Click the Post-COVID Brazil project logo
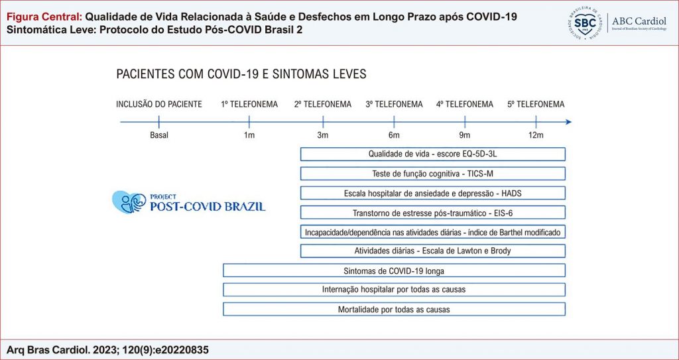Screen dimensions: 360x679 point(188,202)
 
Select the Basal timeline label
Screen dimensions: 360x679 point(159,136)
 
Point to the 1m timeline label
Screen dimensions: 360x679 point(249,136)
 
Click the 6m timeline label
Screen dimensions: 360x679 point(395,136)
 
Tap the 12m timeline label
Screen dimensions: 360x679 point(536,136)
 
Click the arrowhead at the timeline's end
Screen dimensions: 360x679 point(568,122)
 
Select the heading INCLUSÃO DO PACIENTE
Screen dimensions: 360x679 point(159,104)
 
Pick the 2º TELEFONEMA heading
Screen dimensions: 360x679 point(323,104)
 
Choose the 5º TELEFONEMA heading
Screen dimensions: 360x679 point(536,104)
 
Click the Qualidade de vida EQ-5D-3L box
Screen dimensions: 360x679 point(432,154)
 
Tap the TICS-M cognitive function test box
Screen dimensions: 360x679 point(432,174)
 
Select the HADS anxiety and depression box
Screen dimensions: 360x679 point(432,193)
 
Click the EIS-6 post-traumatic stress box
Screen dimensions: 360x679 point(432,213)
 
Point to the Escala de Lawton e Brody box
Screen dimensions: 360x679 point(432,251)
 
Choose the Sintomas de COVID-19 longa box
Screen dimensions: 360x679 point(394,270)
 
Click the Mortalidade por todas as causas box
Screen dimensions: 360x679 point(394,310)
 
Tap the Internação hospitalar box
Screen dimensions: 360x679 point(394,290)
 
